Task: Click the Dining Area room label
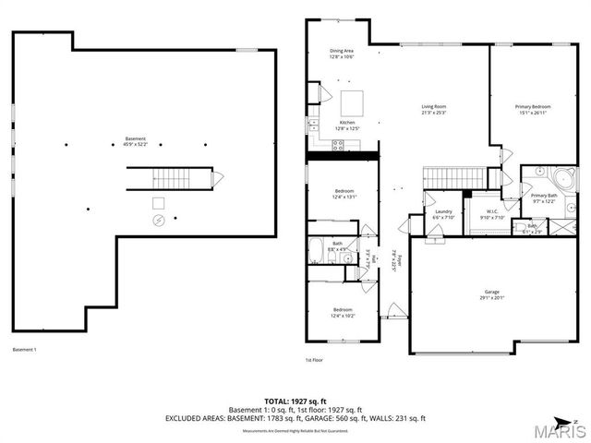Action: (342, 54)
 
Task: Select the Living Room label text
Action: (434, 110)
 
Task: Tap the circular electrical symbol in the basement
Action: (159, 221)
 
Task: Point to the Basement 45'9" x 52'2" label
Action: (136, 141)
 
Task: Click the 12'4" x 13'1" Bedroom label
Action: (343, 194)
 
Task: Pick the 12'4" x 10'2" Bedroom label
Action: (343, 313)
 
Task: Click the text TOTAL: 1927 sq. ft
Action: (295, 401)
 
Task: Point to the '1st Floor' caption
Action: (314, 360)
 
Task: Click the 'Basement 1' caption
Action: (24, 350)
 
